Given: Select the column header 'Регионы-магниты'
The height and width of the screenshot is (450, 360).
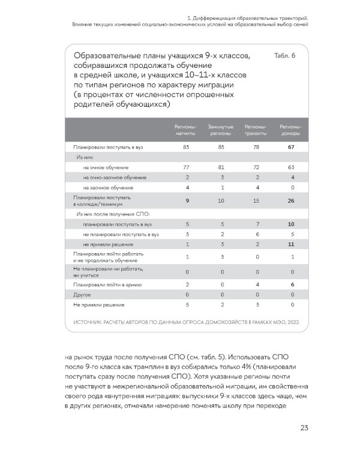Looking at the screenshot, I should point(185,130).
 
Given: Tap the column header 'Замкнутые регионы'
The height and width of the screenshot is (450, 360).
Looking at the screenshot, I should point(220,130).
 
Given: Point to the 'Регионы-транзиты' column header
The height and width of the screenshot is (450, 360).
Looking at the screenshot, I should point(256,130).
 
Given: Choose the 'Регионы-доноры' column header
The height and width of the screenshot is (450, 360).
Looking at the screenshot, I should point(291,130).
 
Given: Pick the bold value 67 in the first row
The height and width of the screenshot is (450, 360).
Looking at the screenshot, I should point(291,146).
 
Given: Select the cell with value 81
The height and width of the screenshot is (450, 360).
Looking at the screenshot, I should point(221,167).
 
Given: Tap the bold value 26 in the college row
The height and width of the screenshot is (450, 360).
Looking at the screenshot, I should point(291,200).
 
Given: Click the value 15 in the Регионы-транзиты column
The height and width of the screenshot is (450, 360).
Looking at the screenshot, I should point(256,200).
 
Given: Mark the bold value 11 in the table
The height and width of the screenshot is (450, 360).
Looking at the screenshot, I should point(291,244).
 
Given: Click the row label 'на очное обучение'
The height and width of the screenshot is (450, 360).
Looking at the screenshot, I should point(106,167).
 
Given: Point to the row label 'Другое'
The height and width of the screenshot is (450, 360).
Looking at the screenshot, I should point(82,295).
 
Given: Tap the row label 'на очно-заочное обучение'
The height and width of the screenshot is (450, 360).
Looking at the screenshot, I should point(115,178).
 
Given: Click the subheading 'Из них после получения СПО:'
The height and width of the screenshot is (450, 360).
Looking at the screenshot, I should point(112,213).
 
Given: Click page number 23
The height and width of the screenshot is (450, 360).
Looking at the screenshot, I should point(304,427).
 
